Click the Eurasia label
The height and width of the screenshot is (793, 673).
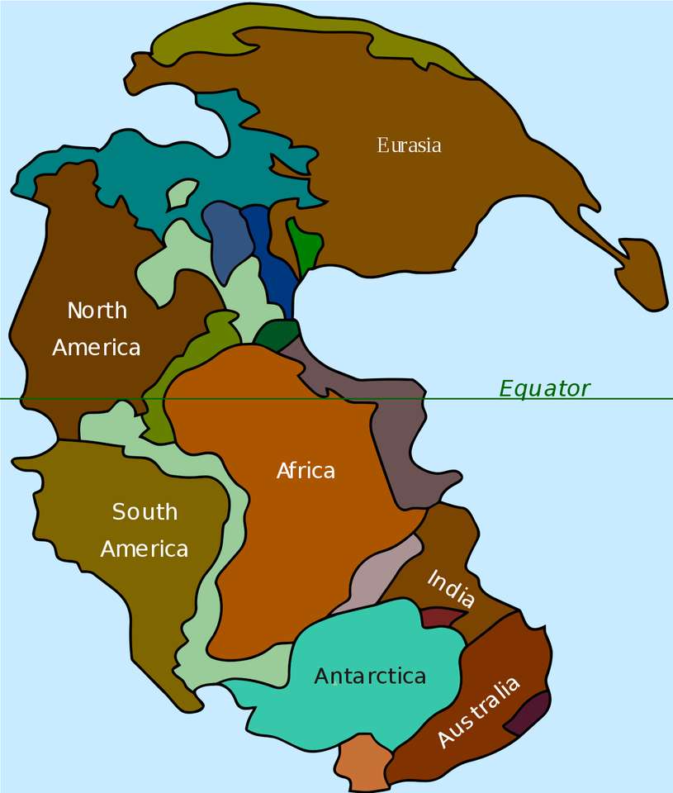pyautogui.click(x=409, y=145)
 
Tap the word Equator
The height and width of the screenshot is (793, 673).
pyautogui.click(x=544, y=388)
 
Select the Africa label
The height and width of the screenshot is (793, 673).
pyautogui.click(x=306, y=471)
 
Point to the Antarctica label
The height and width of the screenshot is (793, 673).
pyautogui.click(x=370, y=676)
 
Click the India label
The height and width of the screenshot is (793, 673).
pyautogui.click(x=451, y=589)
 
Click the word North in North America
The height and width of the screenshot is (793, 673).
pyautogui.click(x=97, y=311)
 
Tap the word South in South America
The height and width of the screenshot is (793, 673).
pyautogui.click(x=145, y=511)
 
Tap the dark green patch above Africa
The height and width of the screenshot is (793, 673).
pyautogui.click(x=277, y=334)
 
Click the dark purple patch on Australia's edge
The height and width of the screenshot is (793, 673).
pyautogui.click(x=529, y=713)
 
